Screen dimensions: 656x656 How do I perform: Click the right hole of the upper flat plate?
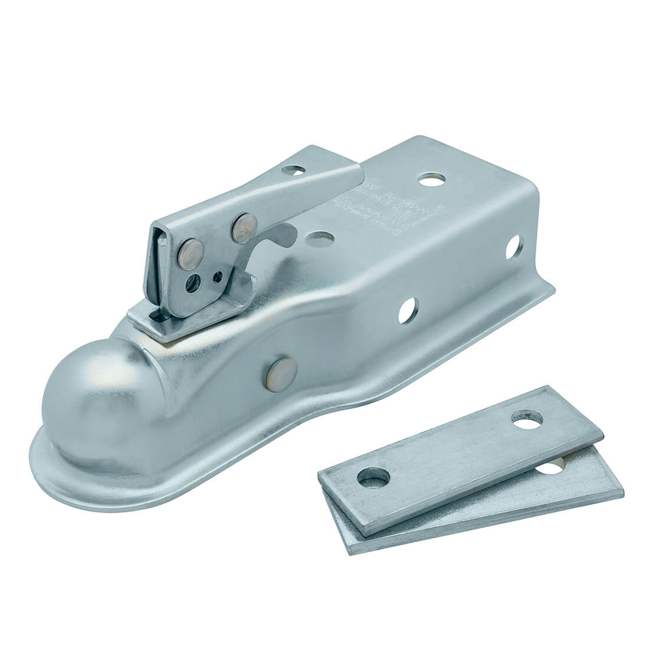[524, 421]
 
